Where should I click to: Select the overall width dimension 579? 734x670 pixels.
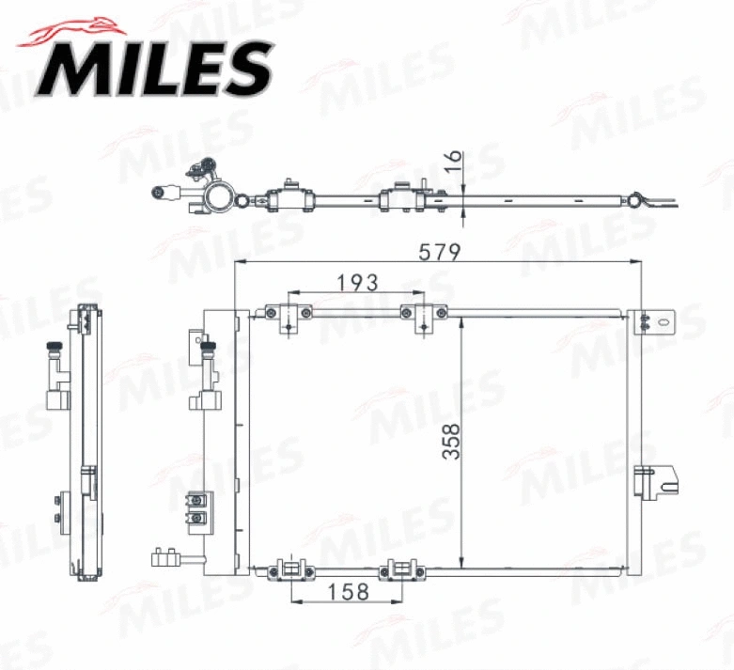tap(440, 252)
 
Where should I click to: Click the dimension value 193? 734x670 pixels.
tap(357, 281)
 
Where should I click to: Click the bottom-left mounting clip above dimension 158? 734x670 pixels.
tap(292, 569)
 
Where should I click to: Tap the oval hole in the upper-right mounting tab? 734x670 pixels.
tap(664, 320)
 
